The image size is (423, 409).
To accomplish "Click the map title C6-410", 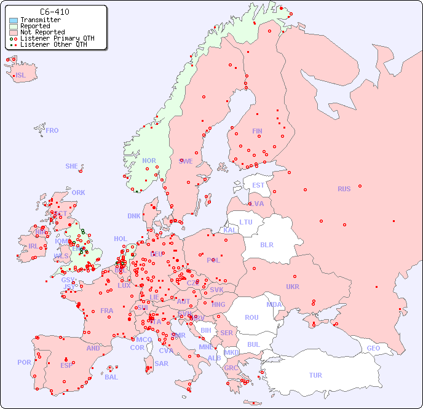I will coord(54,12).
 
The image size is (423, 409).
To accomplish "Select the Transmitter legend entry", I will coord(37,20).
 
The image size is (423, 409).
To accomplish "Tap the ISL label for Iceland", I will coord(21,76).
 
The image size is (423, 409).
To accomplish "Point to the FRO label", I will coord(52,130).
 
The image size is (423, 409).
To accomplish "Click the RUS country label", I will coord(344,189).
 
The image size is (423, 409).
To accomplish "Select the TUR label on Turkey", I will coord(315,375).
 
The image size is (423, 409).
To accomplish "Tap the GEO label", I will coord(373,348).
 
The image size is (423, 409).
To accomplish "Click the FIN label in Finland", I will coord(257,131).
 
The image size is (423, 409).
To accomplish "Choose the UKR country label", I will coord(293,287).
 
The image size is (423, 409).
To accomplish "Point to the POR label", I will coord(24,362).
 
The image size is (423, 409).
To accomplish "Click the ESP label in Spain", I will coord(66,365).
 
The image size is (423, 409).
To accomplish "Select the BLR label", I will coord(267,244).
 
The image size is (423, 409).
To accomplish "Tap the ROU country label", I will coord(251,317).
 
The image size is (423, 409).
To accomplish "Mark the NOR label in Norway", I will coord(149,161).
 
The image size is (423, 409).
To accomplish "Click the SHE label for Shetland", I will coord(72,166).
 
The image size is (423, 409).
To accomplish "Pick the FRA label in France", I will coord(107,311).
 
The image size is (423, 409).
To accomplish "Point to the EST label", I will coord(258,185).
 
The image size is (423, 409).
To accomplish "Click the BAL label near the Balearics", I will coord(111,377).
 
